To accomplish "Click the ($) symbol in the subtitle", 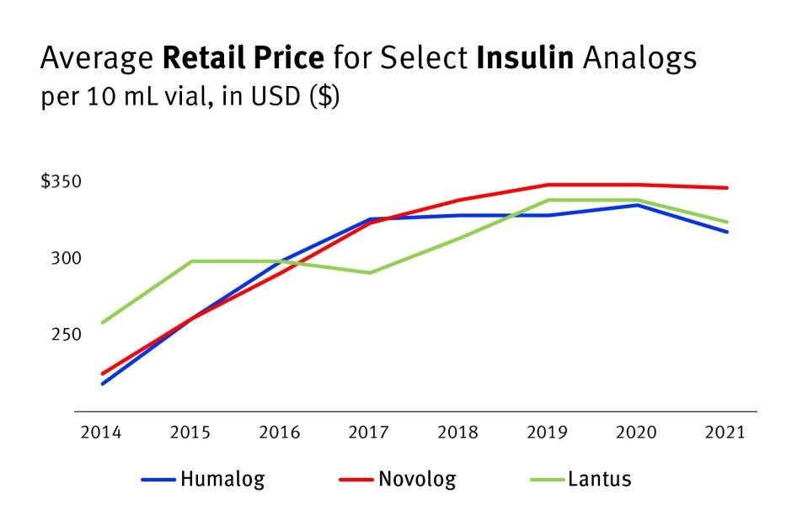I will (x=324, y=96).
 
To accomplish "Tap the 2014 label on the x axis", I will (x=101, y=433).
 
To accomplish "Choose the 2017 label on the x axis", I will (x=368, y=433).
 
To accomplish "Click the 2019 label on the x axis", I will (x=547, y=433).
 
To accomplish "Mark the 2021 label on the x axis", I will (x=725, y=433).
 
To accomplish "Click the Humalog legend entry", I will (x=222, y=480).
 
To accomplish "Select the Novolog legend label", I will (x=417, y=480).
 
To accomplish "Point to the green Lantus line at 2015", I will (x=190, y=261).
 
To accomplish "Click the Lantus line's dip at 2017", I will (x=369, y=272).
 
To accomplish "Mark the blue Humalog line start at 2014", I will (x=102, y=384).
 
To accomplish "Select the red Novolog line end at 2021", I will (x=727, y=188).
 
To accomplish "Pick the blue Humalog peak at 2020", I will (x=637, y=205).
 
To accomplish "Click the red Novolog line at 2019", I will (x=548, y=185).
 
